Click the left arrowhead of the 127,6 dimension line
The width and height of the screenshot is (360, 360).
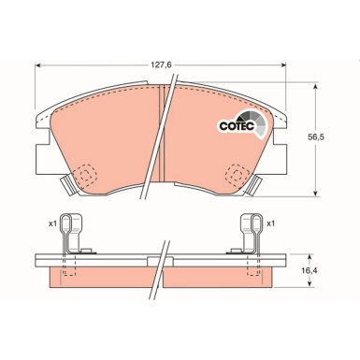coord(37,66)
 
